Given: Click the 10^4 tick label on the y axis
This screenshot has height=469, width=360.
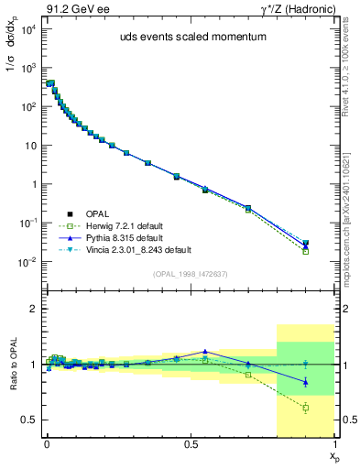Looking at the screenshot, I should click(x=27, y=29).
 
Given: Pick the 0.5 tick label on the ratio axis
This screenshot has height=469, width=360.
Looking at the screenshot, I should click(x=28, y=420).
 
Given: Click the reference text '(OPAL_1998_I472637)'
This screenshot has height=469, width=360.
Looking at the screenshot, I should click(x=191, y=272).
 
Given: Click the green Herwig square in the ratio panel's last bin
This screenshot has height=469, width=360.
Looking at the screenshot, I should click(x=306, y=408).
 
